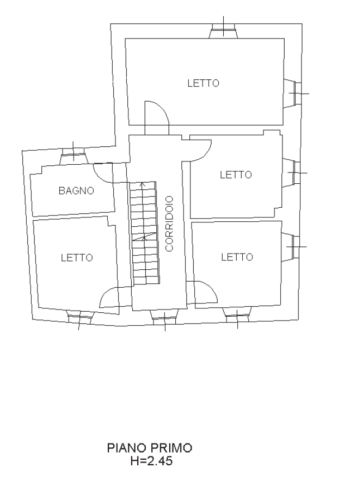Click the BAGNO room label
tap(76, 190)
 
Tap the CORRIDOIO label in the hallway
tap(170, 223)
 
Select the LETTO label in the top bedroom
tap(203, 83)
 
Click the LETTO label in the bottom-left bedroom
tap(77, 258)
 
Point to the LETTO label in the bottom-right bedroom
tap(237, 257)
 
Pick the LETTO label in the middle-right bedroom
tap(236, 175)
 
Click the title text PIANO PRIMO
tap(150, 448)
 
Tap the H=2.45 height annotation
tap(151, 461)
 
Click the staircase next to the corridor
tap(145, 233)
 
